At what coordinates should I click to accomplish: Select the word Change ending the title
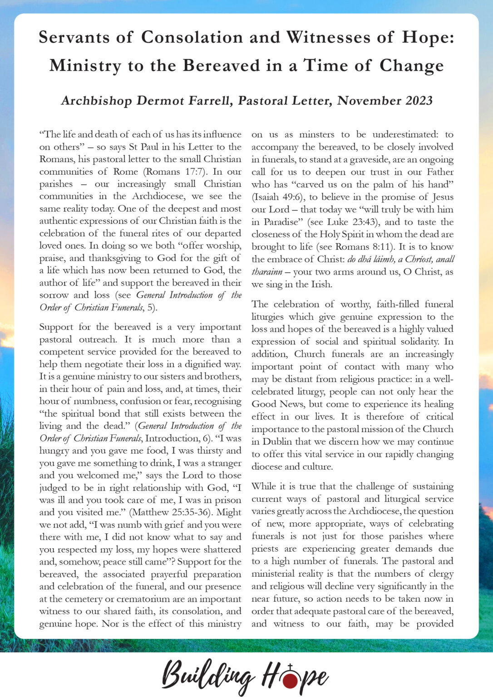click(411, 65)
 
